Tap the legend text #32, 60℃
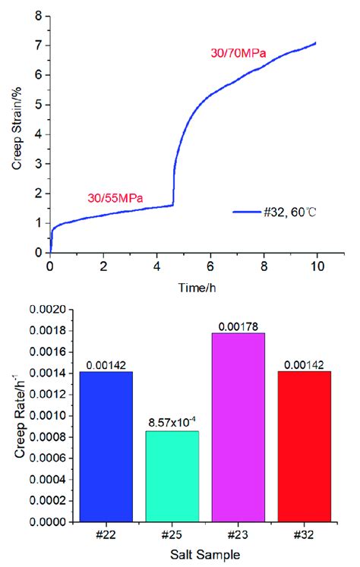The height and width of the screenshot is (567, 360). tap(283, 213)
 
